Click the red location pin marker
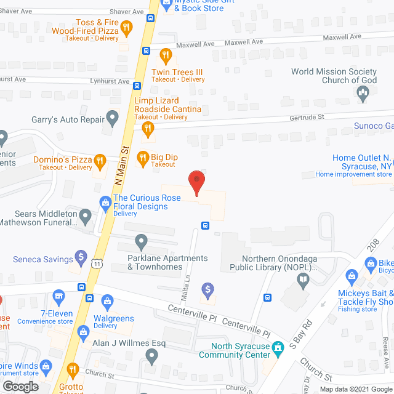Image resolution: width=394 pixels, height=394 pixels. click(x=196, y=182)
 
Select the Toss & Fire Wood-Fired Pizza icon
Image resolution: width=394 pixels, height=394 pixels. click(x=126, y=27)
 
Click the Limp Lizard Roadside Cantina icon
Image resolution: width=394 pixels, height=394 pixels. click(x=147, y=129)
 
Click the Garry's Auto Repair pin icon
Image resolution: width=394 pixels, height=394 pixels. click(x=112, y=116)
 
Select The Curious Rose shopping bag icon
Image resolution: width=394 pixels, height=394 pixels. click(x=105, y=202)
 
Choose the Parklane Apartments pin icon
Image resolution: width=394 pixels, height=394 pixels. click(x=142, y=241)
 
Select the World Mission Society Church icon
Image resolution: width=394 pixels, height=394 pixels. click(x=363, y=93)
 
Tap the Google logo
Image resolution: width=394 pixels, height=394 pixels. click(x=20, y=386)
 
